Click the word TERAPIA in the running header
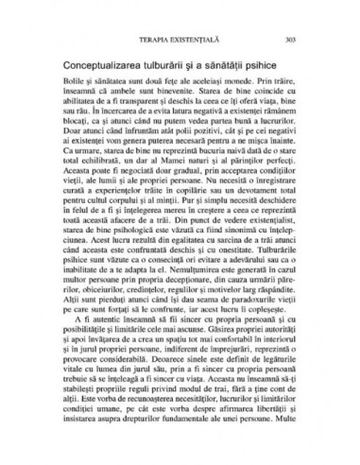153,39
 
